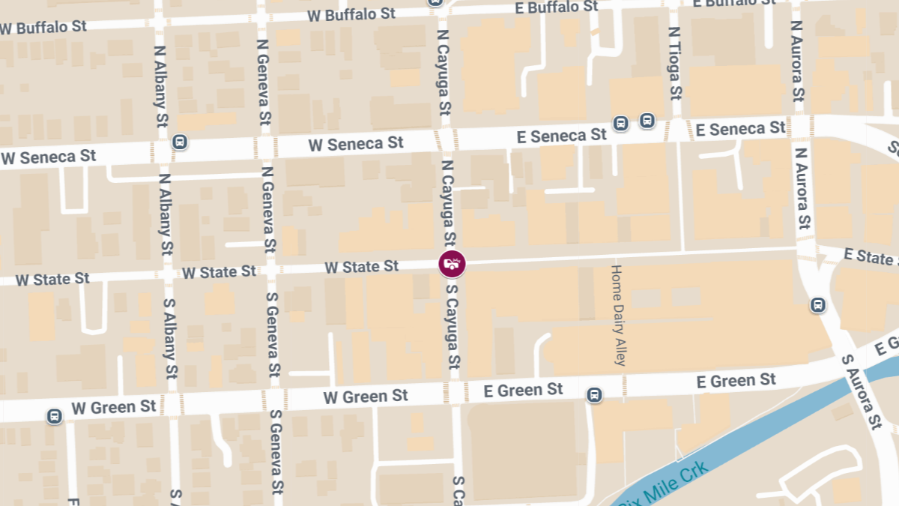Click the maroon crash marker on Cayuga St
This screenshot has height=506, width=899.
[452, 264]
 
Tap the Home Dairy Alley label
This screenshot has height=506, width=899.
[617, 315]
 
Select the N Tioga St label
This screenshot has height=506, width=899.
[674, 64]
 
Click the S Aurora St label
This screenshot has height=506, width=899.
[861, 391]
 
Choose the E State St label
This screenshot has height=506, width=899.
[869, 256]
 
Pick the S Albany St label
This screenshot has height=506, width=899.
[170, 338]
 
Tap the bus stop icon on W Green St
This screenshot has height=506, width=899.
[54, 416]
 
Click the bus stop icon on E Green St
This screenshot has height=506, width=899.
[594, 394]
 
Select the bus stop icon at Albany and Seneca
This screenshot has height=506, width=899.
[179, 142]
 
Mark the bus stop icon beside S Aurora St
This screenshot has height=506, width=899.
[817, 305]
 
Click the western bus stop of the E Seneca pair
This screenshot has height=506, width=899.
[620, 123]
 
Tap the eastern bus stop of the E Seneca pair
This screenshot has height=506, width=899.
[647, 120]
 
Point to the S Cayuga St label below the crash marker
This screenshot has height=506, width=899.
[452, 326]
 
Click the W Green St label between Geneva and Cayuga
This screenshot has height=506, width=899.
[366, 396]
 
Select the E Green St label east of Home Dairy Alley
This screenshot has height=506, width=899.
[736, 381]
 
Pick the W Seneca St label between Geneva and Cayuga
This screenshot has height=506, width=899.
[356, 143]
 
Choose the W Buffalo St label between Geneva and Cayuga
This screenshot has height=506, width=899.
[351, 15]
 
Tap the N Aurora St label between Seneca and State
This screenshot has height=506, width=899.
[802, 187]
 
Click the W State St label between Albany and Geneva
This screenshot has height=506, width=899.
[219, 272]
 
